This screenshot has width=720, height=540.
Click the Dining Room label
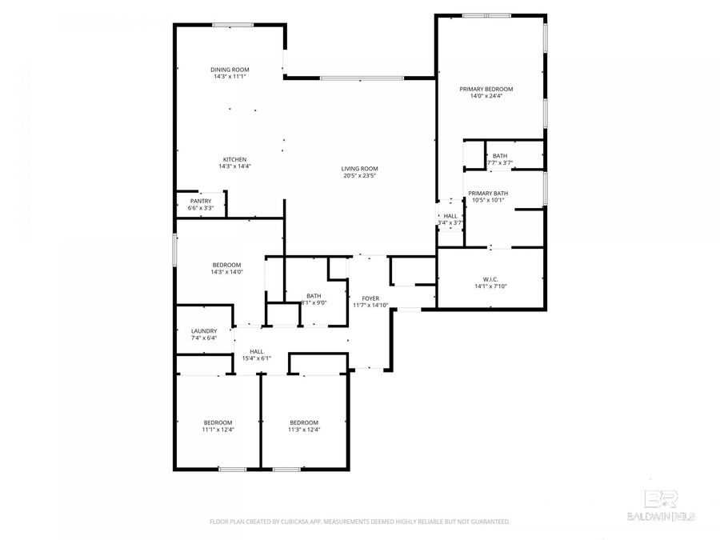coord(230,70)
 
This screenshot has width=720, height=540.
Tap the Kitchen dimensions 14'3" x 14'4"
coord(234,166)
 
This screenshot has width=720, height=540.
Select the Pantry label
coord(200,201)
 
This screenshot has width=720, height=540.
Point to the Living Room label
coord(359,169)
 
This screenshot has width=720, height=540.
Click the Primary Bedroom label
coord(486,89)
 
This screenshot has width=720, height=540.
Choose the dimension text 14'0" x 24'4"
coord(486,96)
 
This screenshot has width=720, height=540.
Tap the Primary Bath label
coord(488,193)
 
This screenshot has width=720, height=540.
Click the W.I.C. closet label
coord(491,279)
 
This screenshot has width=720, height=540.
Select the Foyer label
coord(370,298)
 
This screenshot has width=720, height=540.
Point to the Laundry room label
coord(204,330)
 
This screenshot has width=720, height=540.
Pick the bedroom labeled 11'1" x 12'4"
coord(218,426)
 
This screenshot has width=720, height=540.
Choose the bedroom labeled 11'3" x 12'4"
coord(304,426)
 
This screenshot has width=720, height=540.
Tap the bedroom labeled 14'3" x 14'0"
coord(226,268)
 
